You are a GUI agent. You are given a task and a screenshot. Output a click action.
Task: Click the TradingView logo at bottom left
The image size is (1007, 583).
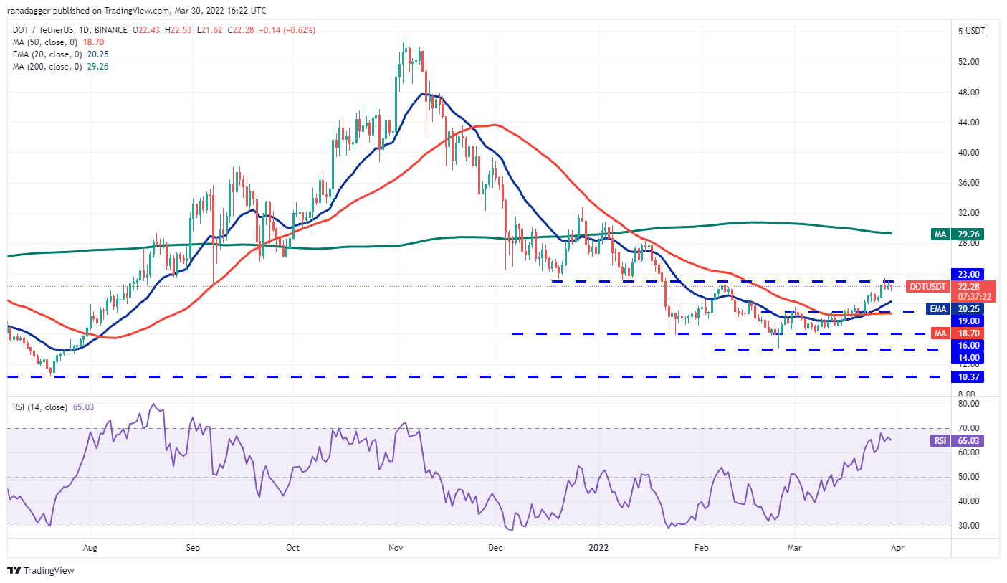click(41, 571)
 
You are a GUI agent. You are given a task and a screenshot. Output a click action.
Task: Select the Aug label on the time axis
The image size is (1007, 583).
click(90, 546)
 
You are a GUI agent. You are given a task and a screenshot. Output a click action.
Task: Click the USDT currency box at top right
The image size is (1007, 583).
click(975, 31)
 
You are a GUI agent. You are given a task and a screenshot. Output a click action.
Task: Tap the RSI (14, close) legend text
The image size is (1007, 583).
click(41, 407)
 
